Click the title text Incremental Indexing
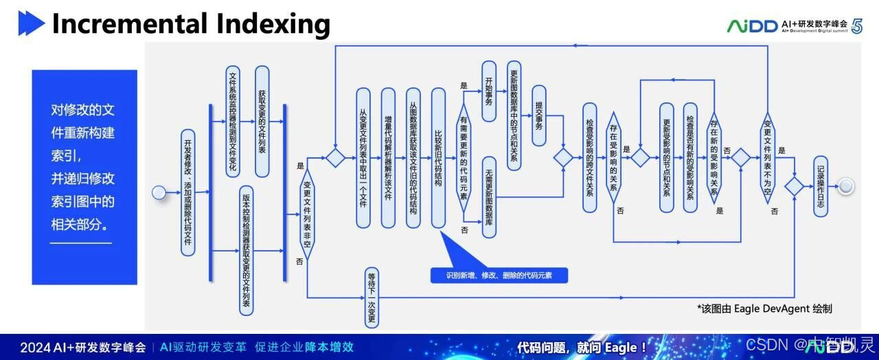(x=191, y=24)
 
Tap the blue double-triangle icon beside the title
(x=31, y=24)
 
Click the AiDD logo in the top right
(x=753, y=26)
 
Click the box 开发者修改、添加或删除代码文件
(x=187, y=193)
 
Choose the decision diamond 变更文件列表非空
(x=307, y=214)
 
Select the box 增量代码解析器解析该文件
(x=388, y=157)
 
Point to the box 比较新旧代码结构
(x=437, y=157)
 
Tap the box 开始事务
(x=489, y=91)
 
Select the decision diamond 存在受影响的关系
(x=613, y=163)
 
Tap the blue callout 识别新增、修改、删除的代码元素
(x=499, y=275)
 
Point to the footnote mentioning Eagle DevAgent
(x=764, y=308)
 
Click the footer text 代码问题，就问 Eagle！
(x=581, y=347)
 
